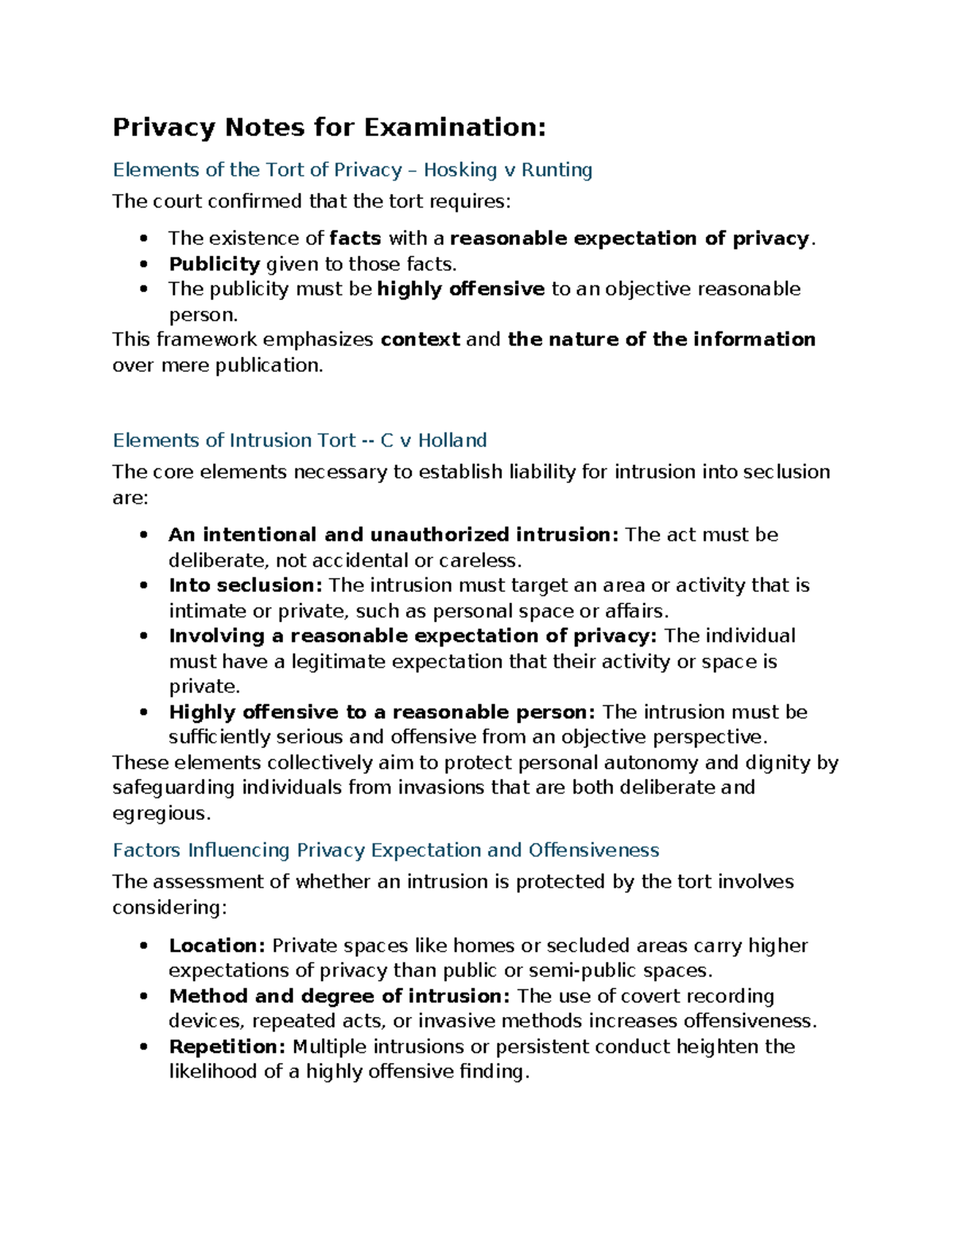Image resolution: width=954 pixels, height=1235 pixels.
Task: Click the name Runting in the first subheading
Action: pyautogui.click(x=556, y=170)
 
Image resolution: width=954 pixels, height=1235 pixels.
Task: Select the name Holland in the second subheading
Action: pyautogui.click(x=452, y=441)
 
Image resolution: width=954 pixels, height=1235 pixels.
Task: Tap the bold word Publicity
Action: pyautogui.click(x=215, y=264)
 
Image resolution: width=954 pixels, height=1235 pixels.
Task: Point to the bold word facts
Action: pyautogui.click(x=355, y=239)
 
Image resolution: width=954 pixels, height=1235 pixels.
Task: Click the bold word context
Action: pyautogui.click(x=420, y=340)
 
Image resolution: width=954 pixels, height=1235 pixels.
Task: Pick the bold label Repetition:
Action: pyautogui.click(x=227, y=1047)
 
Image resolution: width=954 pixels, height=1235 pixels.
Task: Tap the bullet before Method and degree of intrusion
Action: pyautogui.click(x=143, y=996)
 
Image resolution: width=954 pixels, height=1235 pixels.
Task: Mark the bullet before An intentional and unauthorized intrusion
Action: pyautogui.click(x=143, y=535)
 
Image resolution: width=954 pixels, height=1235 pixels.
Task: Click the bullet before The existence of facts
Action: pyautogui.click(x=143, y=239)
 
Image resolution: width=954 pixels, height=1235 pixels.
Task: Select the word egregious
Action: pyautogui.click(x=160, y=814)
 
